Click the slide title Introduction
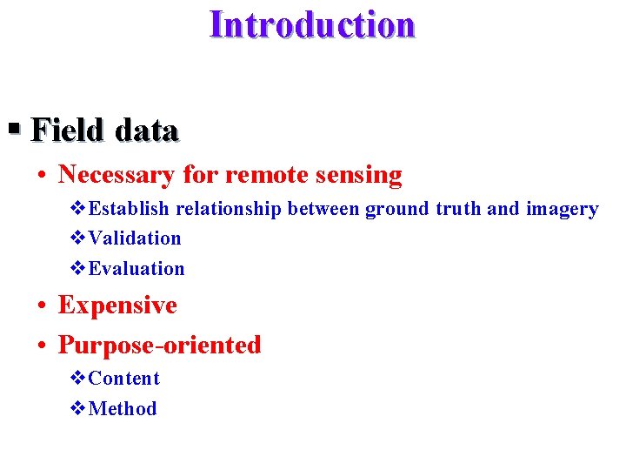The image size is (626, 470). pyautogui.click(x=312, y=24)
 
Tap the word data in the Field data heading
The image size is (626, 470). pyautogui.click(x=146, y=131)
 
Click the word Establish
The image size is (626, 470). pyautogui.click(x=130, y=209)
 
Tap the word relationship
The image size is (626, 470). pyautogui.click(x=230, y=209)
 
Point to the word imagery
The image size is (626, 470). pyautogui.click(x=563, y=210)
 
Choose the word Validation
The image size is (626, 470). pyautogui.click(x=135, y=238)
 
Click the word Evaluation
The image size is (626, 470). pyautogui.click(x=137, y=269)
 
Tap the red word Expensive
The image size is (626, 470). pyautogui.click(x=117, y=305)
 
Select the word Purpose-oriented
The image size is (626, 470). pyautogui.click(x=159, y=346)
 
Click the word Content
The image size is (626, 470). pyautogui.click(x=124, y=379)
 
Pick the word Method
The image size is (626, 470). pyautogui.click(x=123, y=409)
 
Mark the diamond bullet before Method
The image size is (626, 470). pyautogui.click(x=77, y=409)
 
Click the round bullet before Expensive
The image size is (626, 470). pyautogui.click(x=42, y=306)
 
